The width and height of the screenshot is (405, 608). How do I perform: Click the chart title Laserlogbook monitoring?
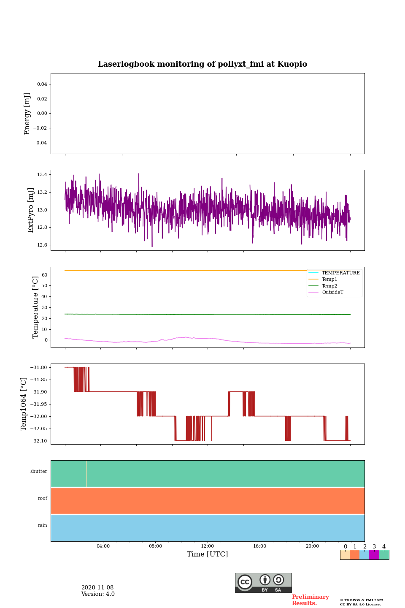click(202, 64)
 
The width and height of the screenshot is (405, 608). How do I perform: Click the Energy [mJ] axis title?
click(27, 114)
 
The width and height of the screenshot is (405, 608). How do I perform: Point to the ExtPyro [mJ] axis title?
click(31, 210)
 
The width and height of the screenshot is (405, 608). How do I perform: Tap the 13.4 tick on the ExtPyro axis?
click(42, 175)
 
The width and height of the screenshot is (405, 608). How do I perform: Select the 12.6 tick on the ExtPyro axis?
click(42, 245)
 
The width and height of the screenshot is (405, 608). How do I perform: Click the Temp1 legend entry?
click(329, 280)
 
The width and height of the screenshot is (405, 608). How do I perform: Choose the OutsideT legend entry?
click(332, 293)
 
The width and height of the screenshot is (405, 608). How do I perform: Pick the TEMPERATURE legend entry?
click(340, 273)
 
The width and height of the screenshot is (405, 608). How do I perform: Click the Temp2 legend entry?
click(329, 286)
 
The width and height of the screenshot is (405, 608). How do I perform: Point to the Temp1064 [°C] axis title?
click(24, 404)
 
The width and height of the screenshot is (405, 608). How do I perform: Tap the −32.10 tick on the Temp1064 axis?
click(39, 441)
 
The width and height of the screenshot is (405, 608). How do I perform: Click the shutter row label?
click(39, 472)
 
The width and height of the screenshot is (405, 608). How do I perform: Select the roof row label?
click(43, 499)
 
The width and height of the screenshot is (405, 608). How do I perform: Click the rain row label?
click(43, 526)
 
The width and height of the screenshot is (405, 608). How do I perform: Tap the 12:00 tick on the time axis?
click(208, 546)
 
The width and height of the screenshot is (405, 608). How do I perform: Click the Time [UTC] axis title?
click(208, 554)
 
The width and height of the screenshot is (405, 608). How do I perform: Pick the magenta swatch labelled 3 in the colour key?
click(374, 555)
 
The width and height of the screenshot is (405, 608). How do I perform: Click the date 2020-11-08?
click(97, 588)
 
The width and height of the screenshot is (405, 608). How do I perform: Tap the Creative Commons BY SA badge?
click(263, 583)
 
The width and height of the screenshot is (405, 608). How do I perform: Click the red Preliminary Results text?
click(310, 600)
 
